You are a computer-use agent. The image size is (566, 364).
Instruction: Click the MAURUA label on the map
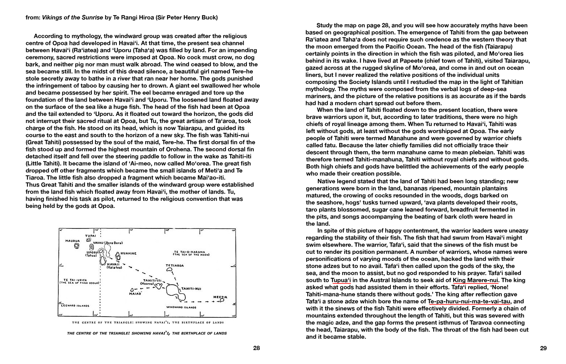[x=72, y=241]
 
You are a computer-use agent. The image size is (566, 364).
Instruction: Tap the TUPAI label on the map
[x=91, y=235]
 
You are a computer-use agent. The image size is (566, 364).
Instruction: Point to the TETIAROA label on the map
[x=175, y=266]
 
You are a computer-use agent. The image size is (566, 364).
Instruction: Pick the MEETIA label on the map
[x=220, y=297]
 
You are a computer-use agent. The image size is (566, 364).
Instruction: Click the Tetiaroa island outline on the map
[x=170, y=270]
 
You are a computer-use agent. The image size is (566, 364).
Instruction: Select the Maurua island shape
[x=76, y=246]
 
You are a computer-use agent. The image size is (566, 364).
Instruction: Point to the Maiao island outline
[x=132, y=290]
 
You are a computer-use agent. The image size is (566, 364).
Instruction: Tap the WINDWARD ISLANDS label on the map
[x=181, y=307]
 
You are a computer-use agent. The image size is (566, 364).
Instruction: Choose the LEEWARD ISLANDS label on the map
[x=75, y=306]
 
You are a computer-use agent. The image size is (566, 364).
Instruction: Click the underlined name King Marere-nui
[x=475, y=280]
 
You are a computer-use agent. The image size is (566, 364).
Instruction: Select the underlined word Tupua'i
[x=341, y=280]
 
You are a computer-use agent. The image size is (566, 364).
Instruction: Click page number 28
[x=256, y=348]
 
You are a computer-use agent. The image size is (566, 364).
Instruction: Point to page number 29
[x=543, y=348]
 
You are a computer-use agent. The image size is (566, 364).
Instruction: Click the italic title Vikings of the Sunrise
[x=72, y=18]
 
